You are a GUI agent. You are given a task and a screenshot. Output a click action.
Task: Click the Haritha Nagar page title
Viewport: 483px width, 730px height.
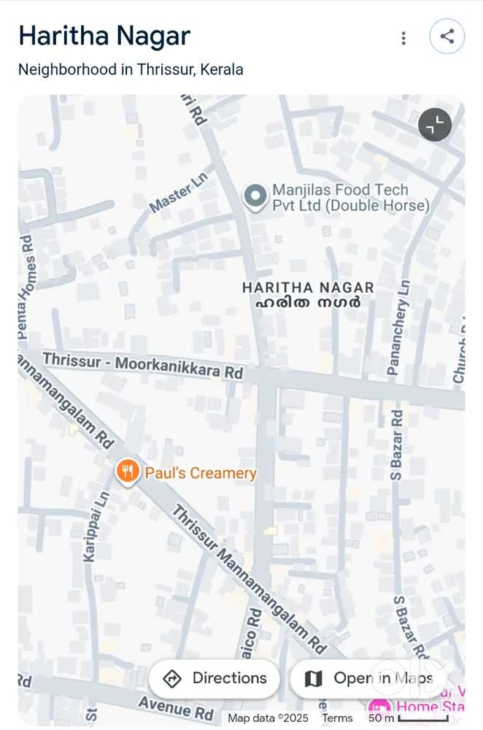[x=104, y=36]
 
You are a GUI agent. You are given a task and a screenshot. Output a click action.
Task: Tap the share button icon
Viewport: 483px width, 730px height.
[x=447, y=36]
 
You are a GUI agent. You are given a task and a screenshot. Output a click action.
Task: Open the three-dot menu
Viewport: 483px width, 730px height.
[x=403, y=38]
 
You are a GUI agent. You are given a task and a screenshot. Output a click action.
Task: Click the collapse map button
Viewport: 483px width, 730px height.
[x=435, y=125]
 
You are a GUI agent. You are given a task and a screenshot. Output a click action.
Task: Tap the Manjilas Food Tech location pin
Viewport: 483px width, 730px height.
[x=255, y=196]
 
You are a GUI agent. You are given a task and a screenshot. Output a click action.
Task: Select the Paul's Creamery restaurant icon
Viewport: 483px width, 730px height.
[x=128, y=472]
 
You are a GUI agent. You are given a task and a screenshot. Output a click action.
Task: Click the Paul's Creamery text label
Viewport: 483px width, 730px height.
[x=201, y=473]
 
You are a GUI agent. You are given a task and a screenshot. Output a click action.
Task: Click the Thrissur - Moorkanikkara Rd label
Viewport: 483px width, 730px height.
[x=142, y=365]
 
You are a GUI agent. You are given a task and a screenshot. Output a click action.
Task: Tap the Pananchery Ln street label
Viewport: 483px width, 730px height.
[x=399, y=328]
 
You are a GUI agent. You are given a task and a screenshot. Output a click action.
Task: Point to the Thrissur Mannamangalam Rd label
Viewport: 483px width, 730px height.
[x=248, y=577]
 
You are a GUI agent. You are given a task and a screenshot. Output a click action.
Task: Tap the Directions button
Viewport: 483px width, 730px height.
[x=215, y=678]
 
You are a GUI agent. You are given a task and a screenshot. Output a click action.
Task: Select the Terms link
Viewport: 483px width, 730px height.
[x=337, y=718]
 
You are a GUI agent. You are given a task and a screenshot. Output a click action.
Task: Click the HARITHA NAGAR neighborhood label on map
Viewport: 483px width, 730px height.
[x=308, y=288]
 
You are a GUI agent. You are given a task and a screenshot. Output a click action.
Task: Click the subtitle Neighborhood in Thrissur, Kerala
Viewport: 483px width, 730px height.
[x=131, y=70]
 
